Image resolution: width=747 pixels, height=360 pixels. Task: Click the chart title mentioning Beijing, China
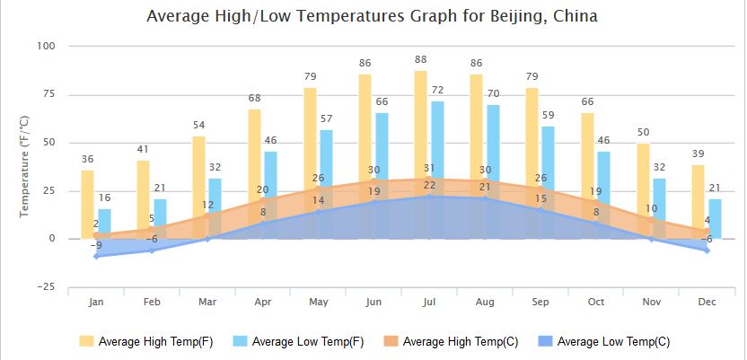pos(372,16)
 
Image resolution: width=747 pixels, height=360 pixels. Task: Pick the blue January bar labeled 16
pos(104,219)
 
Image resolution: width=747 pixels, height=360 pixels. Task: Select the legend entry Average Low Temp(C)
pos(603,341)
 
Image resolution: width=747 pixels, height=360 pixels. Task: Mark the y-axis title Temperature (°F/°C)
pos(25,166)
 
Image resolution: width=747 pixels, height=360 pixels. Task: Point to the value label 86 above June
pos(365,63)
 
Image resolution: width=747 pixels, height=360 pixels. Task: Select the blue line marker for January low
pos(96,256)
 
